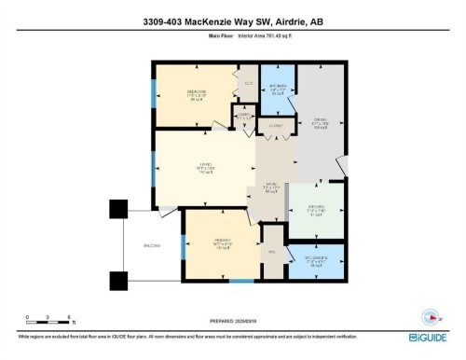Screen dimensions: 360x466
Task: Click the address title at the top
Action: coord(232,21)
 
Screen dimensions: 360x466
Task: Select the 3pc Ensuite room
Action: coord(316,260)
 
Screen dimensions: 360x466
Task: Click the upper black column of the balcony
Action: coord(117,210)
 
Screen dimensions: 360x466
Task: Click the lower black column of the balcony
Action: coord(117,280)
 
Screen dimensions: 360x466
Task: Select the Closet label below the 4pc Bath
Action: coord(275,123)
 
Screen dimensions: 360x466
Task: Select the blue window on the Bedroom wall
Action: coord(155,92)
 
